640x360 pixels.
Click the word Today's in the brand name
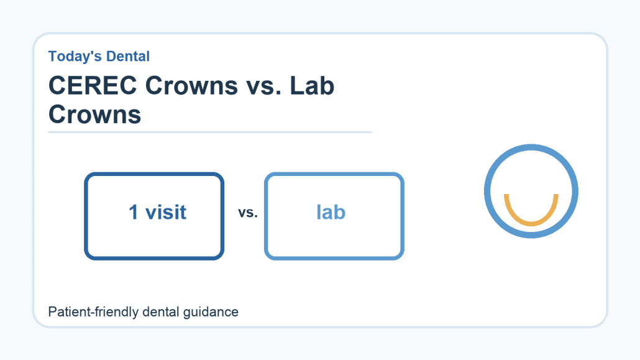[x=73, y=57]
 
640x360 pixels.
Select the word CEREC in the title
[x=93, y=85]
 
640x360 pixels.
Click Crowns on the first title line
[x=191, y=86]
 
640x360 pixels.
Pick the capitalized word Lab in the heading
[x=313, y=85]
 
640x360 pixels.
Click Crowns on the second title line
[x=94, y=114]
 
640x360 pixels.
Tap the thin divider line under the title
[x=210, y=132]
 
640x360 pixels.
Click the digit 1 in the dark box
[x=134, y=212]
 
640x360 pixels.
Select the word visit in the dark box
[x=166, y=212]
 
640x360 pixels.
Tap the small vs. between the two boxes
[x=248, y=213]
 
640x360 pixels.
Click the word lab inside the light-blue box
[x=331, y=212]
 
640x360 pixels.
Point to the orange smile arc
[x=531, y=223]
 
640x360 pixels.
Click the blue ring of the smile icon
[x=531, y=147]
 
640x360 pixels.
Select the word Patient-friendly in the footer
[x=93, y=312]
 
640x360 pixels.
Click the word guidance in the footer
[x=211, y=312]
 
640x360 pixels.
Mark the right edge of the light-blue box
[x=402, y=216]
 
